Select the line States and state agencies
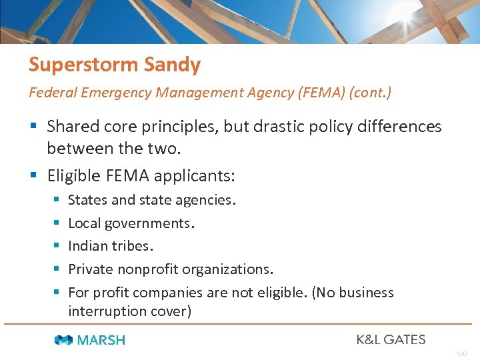tap(152, 200)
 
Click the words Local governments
tap(131, 223)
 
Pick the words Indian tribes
tap(111, 246)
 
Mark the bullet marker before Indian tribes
tap(56, 246)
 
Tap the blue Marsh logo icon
tap(64, 340)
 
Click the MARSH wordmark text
tap(101, 340)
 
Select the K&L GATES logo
tap(391, 339)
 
